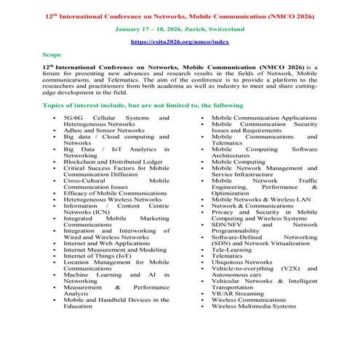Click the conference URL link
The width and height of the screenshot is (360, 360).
pos(179,42)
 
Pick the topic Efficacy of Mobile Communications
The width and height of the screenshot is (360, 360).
pos(115,193)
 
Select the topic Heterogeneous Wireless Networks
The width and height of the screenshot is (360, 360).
pos(112,199)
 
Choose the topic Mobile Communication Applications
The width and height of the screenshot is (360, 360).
pos(263,117)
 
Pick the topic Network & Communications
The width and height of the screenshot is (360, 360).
pos(252,205)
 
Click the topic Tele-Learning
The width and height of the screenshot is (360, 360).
pos(233,249)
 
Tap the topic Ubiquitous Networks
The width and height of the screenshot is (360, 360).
pos(242,262)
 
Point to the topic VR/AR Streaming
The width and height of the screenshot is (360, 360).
pos(239,293)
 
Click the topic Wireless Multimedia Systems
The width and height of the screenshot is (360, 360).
pos(254,306)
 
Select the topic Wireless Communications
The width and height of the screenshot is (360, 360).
pos(249,300)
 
